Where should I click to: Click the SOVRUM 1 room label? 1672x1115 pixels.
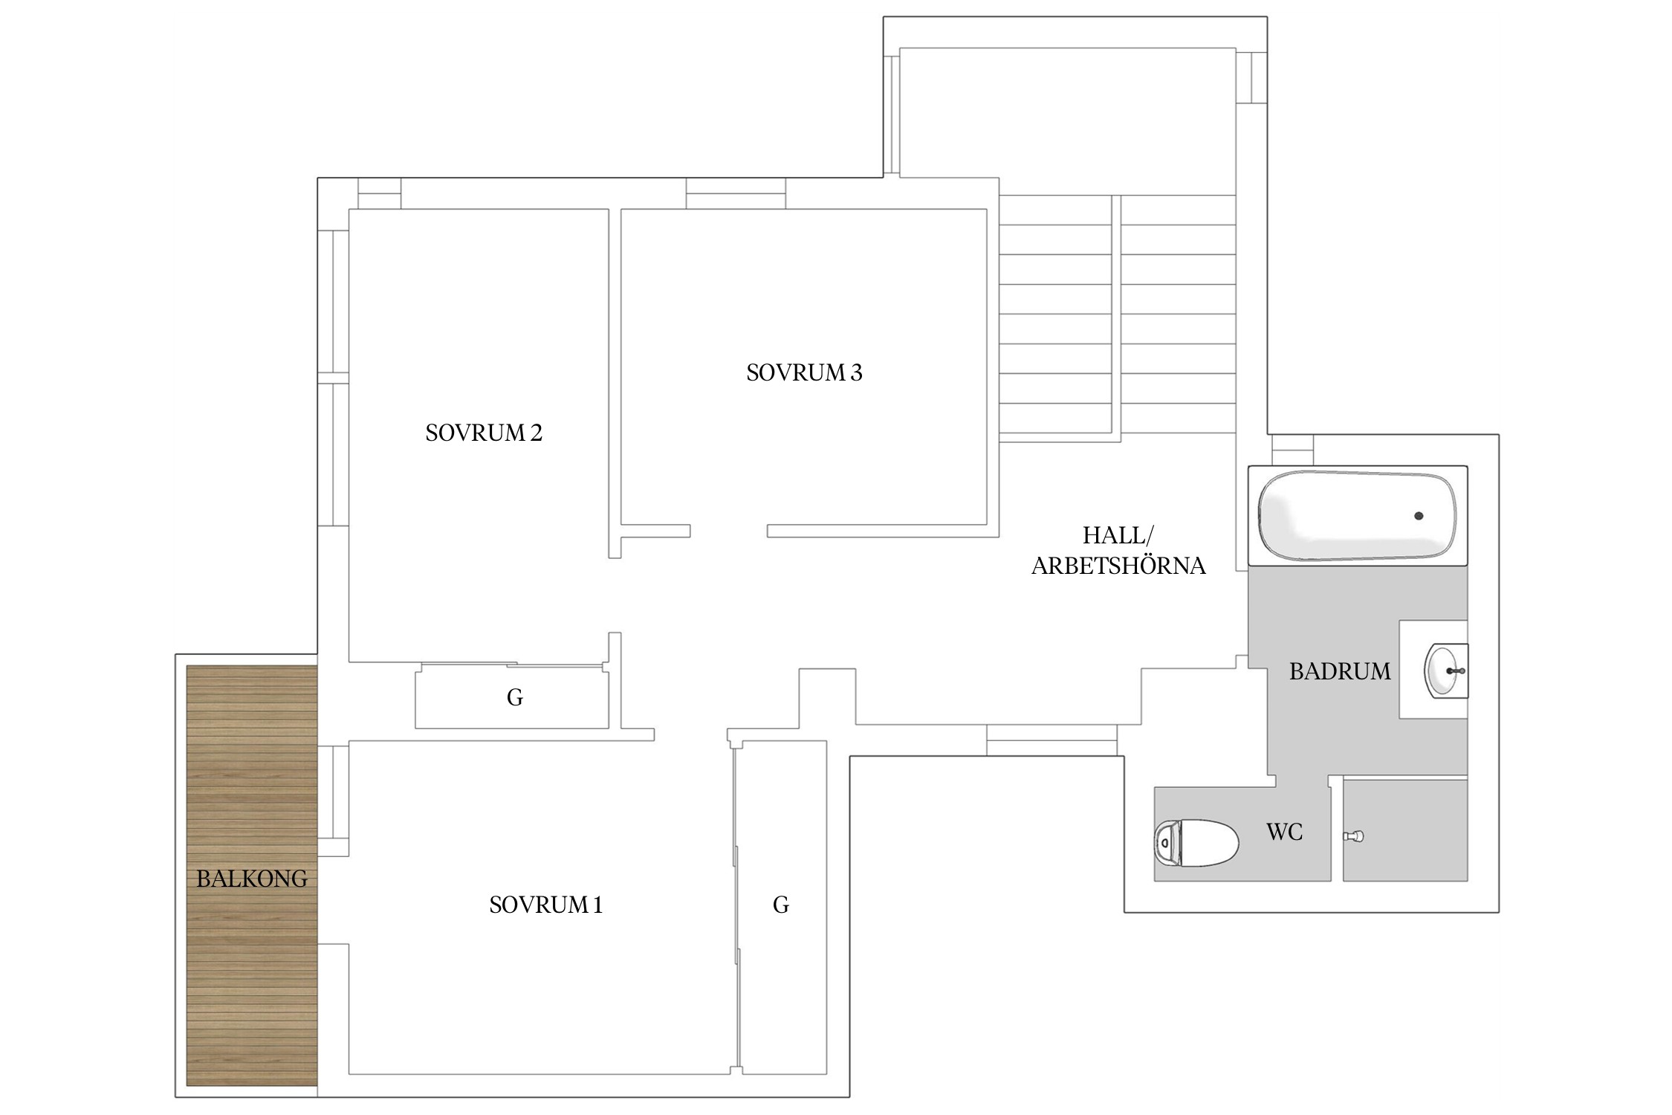pyautogui.click(x=545, y=905)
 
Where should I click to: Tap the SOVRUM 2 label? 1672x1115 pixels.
pyautogui.click(x=484, y=433)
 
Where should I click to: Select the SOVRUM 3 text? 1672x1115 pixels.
pyautogui.click(x=804, y=372)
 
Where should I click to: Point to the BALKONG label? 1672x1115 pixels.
pyautogui.click(x=252, y=879)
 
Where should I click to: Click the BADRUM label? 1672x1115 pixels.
pyautogui.click(x=1340, y=671)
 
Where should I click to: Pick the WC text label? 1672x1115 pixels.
pyautogui.click(x=1284, y=832)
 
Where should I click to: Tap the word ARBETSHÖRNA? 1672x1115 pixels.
pyautogui.click(x=1118, y=566)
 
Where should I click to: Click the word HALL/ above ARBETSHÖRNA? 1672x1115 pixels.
pyautogui.click(x=1118, y=535)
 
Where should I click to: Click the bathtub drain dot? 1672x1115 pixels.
pyautogui.click(x=1419, y=516)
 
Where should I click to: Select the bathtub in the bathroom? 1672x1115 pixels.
pyautogui.click(x=1357, y=516)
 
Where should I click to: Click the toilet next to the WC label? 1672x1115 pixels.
pyautogui.click(x=1196, y=842)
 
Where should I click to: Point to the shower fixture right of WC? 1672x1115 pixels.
pyautogui.click(x=1353, y=836)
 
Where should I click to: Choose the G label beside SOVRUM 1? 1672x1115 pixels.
pyautogui.click(x=780, y=905)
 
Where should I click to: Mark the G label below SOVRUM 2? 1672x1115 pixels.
pyautogui.click(x=514, y=697)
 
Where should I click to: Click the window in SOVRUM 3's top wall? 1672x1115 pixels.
pyautogui.click(x=736, y=193)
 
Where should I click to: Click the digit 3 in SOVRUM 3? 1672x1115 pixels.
pyautogui.click(x=856, y=372)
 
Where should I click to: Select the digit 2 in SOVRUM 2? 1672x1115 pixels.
pyautogui.click(x=537, y=433)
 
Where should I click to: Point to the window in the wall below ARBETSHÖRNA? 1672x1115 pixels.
pyautogui.click(x=1052, y=740)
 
